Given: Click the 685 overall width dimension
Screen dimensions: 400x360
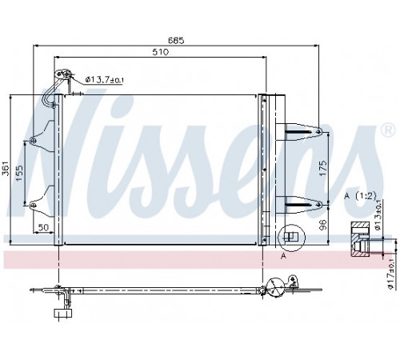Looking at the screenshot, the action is pyautogui.click(x=176, y=40).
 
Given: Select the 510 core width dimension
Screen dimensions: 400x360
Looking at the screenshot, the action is pyautogui.click(x=161, y=52).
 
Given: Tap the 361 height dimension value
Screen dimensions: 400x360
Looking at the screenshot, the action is pyautogui.click(x=6, y=169).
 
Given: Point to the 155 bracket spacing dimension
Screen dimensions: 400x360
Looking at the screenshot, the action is pyautogui.click(x=19, y=173).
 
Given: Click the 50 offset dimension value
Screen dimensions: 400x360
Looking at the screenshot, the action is pyautogui.click(x=44, y=227).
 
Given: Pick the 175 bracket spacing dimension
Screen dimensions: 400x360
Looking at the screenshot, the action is pyautogui.click(x=322, y=168).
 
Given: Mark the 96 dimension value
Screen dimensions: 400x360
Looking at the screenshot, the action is pyautogui.click(x=322, y=225).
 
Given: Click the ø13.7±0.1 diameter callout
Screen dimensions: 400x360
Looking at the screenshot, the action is pyautogui.click(x=105, y=79).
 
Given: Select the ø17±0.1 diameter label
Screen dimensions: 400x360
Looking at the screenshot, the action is pyautogui.click(x=391, y=274).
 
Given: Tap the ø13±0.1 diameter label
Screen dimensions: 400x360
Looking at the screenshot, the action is pyautogui.click(x=378, y=216).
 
